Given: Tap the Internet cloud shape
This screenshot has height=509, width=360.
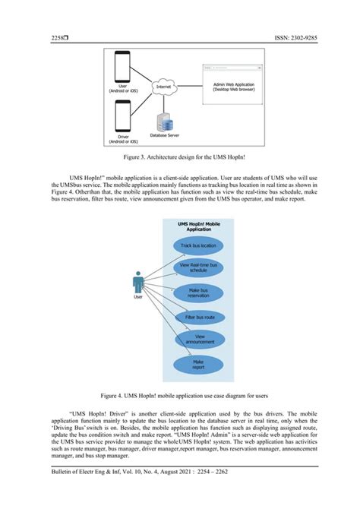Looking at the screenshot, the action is (164, 88).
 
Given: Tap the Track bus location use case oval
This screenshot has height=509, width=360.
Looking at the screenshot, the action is (197, 245).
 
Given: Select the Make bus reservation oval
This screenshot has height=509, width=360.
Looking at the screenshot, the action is (198, 292).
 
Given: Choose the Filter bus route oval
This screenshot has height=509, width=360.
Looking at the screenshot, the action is (200, 316).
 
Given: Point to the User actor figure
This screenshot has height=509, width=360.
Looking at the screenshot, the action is (138, 283).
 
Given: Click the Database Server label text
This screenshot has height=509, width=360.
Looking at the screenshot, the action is (168, 135).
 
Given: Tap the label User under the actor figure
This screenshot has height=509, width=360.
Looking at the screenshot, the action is (137, 298).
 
